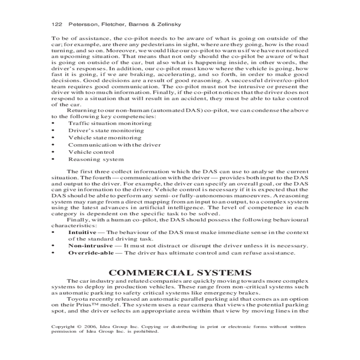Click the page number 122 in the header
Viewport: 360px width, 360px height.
(x=56, y=24)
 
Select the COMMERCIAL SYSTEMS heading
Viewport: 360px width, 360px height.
(x=180, y=273)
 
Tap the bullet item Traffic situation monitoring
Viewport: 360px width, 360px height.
(x=110, y=123)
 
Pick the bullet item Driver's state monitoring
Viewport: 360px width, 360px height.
(x=106, y=130)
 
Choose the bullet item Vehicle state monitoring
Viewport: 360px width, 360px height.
(x=105, y=138)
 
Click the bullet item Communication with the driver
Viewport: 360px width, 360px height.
(x=114, y=145)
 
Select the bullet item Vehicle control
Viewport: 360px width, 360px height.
(x=91, y=152)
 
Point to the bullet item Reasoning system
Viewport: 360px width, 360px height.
(x=96, y=159)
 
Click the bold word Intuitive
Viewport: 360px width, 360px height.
(x=82, y=232)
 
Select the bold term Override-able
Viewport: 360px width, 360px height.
(x=91, y=253)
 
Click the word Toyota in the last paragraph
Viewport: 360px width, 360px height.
(x=76, y=299)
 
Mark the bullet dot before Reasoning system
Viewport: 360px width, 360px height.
(x=53, y=159)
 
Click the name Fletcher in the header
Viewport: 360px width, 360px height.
(x=115, y=24)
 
